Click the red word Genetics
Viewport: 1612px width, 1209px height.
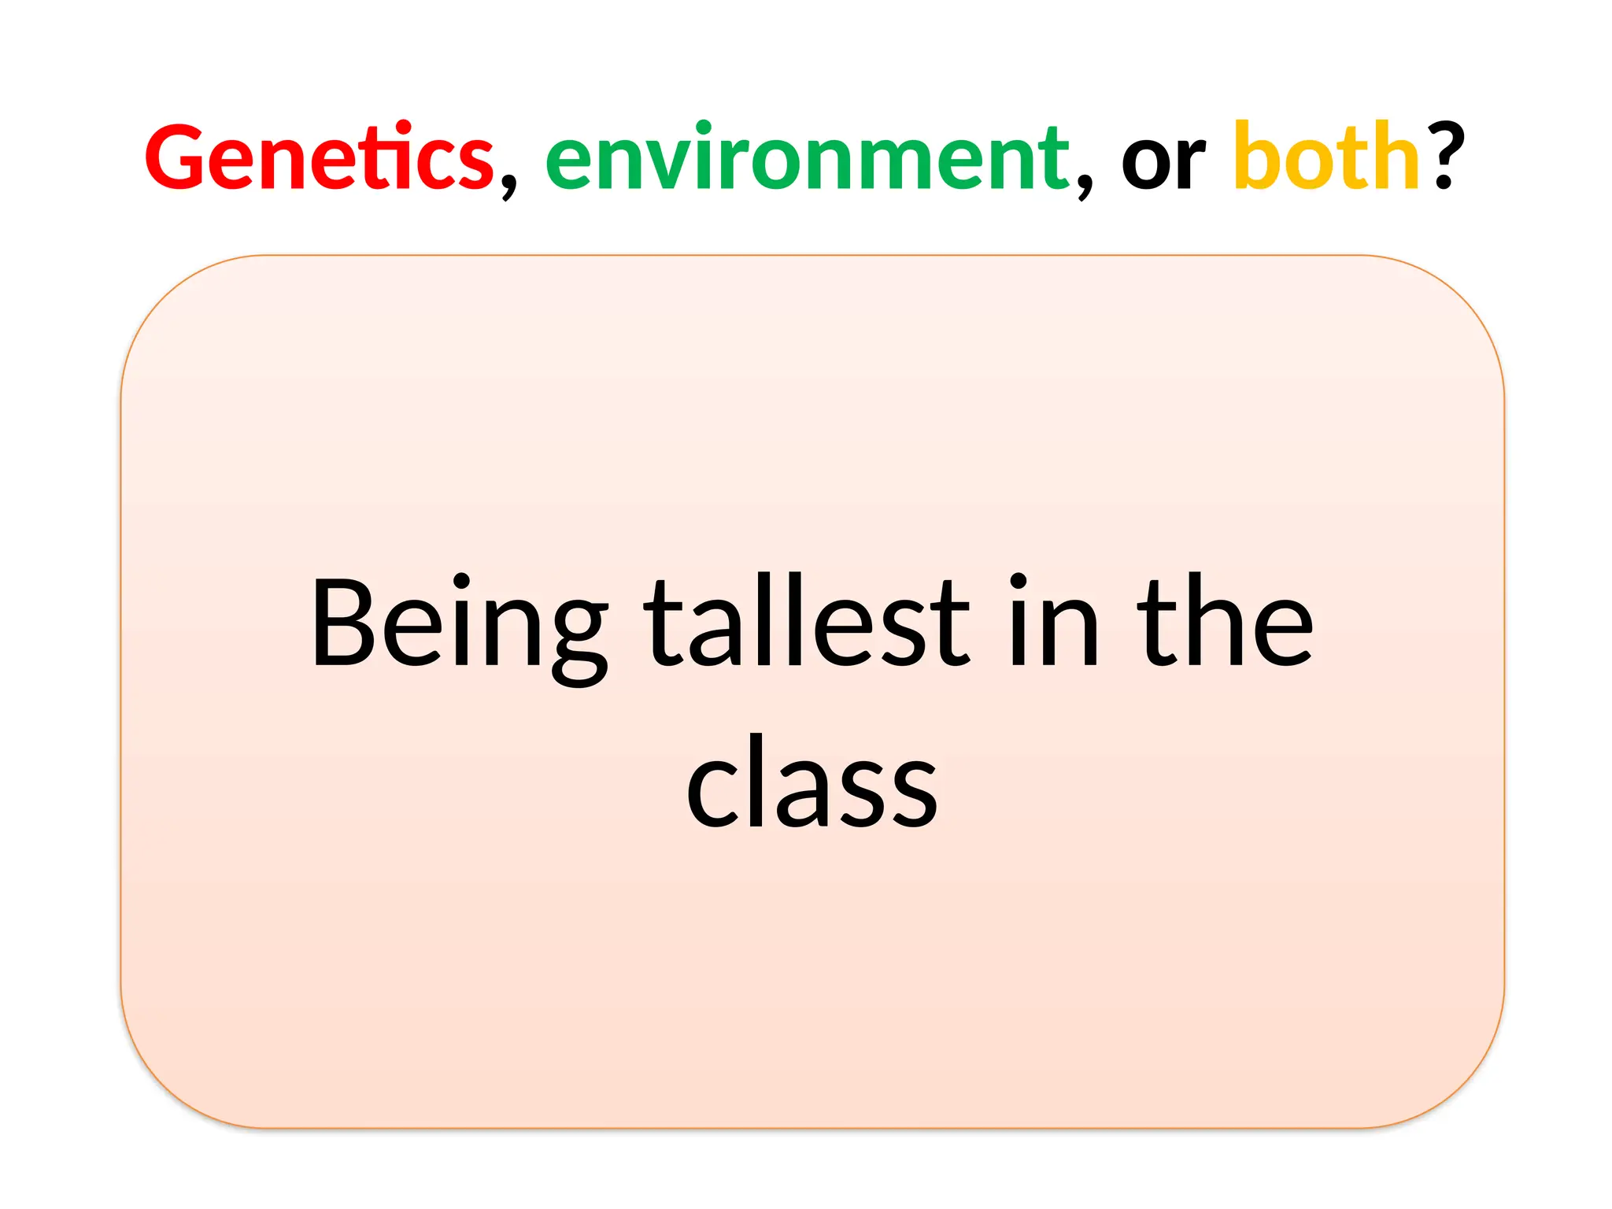pyautogui.click(x=319, y=157)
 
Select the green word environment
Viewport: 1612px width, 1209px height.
pyautogui.click(x=807, y=157)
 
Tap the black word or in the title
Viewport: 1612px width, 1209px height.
pyautogui.click(x=1163, y=161)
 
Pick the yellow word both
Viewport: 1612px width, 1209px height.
pyautogui.click(x=1326, y=157)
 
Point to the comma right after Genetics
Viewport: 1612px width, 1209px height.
pyautogui.click(x=508, y=184)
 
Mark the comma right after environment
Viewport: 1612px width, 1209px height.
pyautogui.click(x=1085, y=184)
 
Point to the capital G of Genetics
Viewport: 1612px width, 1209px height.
pyautogui.click(x=178, y=157)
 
